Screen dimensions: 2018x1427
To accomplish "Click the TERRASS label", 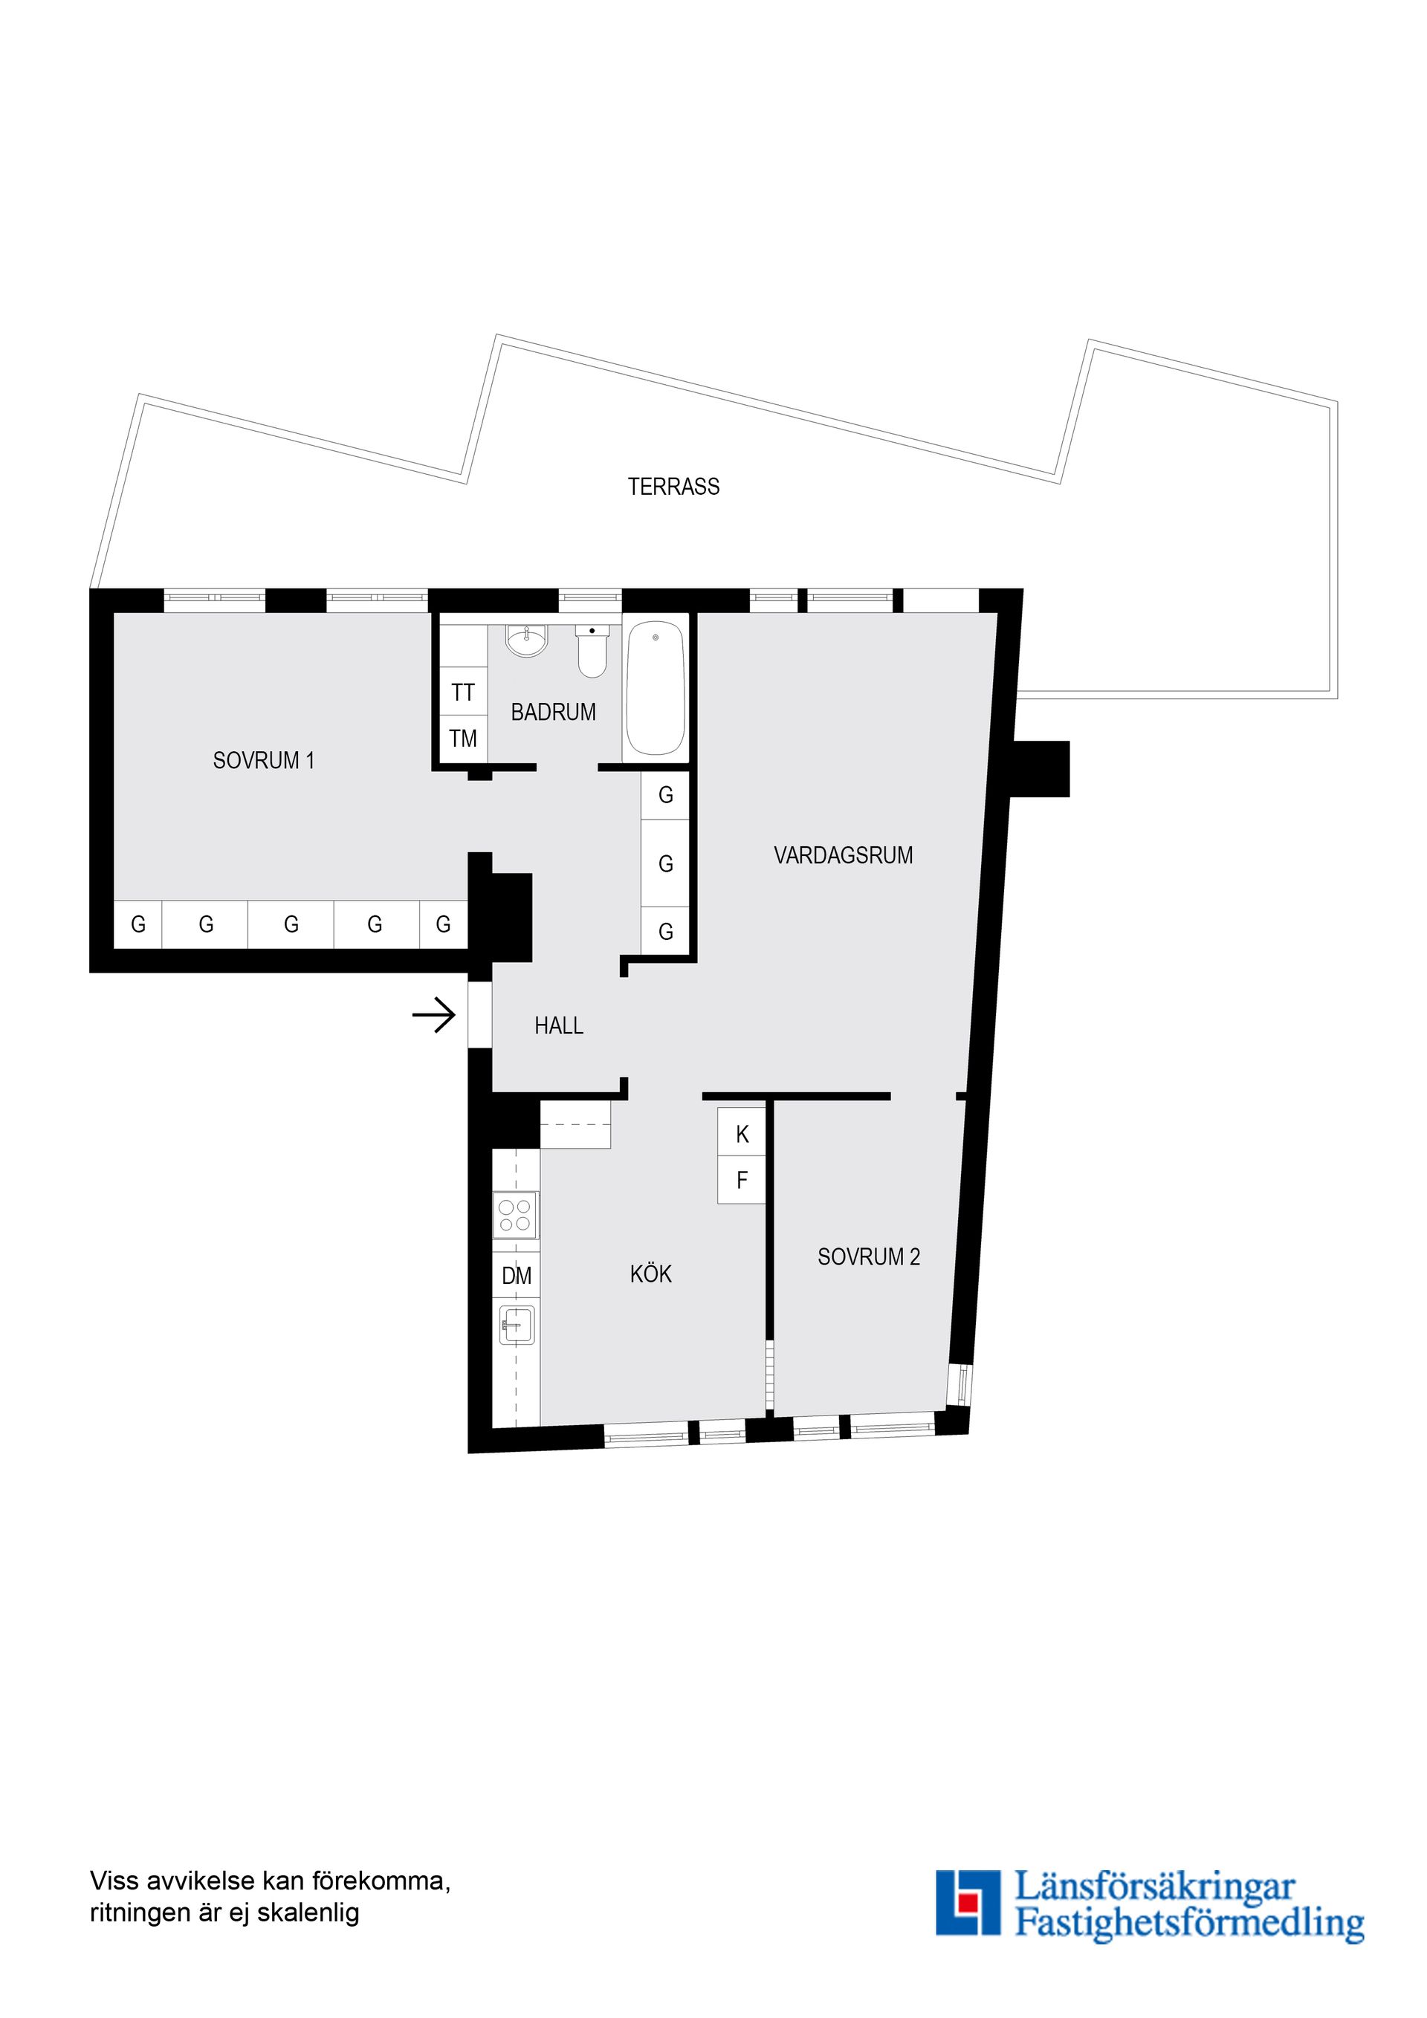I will point(673,487).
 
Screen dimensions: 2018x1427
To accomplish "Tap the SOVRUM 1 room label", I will point(263,760).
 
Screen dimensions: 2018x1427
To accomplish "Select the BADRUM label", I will point(553,712).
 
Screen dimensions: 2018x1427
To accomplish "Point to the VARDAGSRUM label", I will point(843,855).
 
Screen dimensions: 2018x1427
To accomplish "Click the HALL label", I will point(558,1025).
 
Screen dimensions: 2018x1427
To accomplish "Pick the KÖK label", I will point(650,1274).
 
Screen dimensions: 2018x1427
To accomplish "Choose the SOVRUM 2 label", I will point(869,1257).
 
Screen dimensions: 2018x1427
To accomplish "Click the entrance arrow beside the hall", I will point(434,1017).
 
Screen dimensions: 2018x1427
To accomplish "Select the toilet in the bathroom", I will point(592,652).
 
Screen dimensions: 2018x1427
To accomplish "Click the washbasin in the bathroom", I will point(527,640).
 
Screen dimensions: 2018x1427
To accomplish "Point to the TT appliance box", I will point(463,692).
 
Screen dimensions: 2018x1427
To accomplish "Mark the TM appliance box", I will point(463,739).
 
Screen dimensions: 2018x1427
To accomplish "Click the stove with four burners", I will point(515,1215).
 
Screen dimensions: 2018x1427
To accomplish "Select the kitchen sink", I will point(517,1325).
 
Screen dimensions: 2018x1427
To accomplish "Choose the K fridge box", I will point(741,1135).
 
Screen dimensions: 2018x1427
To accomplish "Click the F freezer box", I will point(741,1181).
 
